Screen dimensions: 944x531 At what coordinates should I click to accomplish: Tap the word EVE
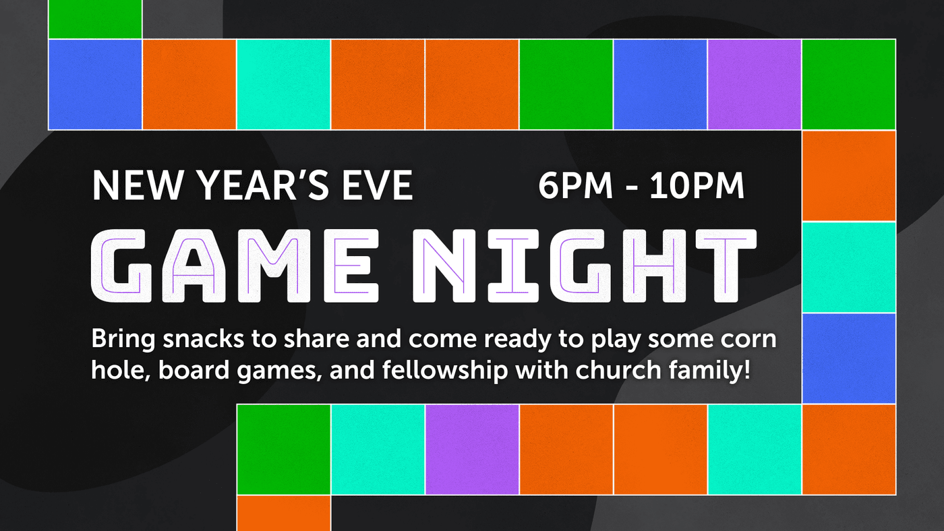tap(377, 185)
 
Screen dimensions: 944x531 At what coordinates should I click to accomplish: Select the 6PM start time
tap(575, 185)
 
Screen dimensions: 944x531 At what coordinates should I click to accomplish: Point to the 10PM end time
tap(697, 185)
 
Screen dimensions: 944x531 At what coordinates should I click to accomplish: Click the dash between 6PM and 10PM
tap(631, 188)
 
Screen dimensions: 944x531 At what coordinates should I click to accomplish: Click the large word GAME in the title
tap(235, 265)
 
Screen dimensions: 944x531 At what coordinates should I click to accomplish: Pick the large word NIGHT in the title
tap(585, 265)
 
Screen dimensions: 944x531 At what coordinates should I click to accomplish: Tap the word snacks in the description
tap(204, 338)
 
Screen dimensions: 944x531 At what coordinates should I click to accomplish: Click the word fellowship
tap(445, 371)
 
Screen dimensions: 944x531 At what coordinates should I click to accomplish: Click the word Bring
tap(123, 340)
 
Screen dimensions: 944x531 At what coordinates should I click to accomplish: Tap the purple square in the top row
tap(755, 84)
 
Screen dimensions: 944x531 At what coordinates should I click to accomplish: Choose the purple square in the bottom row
tap(472, 449)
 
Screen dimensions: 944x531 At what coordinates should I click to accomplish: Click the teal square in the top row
tap(284, 84)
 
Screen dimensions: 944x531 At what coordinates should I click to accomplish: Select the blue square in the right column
tap(849, 358)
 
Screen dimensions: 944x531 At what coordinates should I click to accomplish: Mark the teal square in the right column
tap(849, 268)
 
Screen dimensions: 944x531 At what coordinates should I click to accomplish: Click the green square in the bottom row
tap(284, 449)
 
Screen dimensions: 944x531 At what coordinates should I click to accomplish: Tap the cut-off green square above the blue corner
tap(95, 19)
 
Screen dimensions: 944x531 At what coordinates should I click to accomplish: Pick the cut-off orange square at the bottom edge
tap(284, 513)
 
